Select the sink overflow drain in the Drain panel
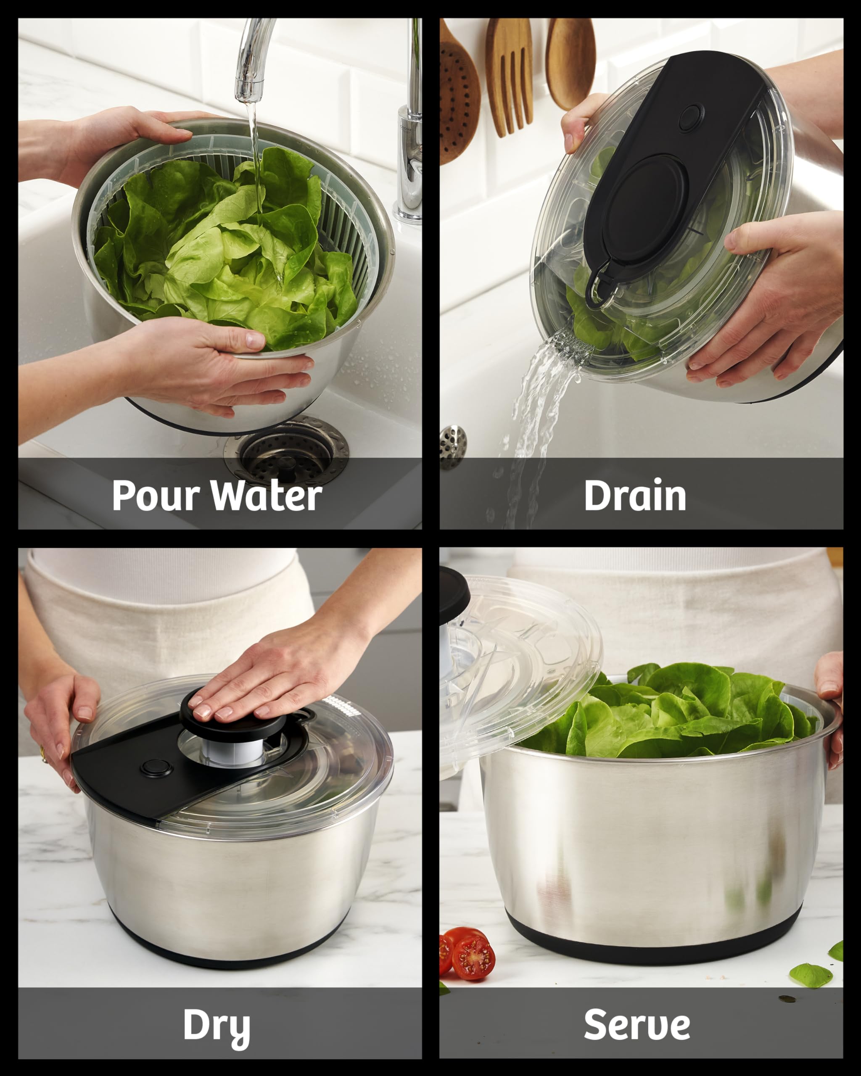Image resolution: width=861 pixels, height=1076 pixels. pyautogui.click(x=452, y=447)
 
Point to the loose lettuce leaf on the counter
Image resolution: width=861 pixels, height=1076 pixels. pyautogui.click(x=810, y=975)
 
